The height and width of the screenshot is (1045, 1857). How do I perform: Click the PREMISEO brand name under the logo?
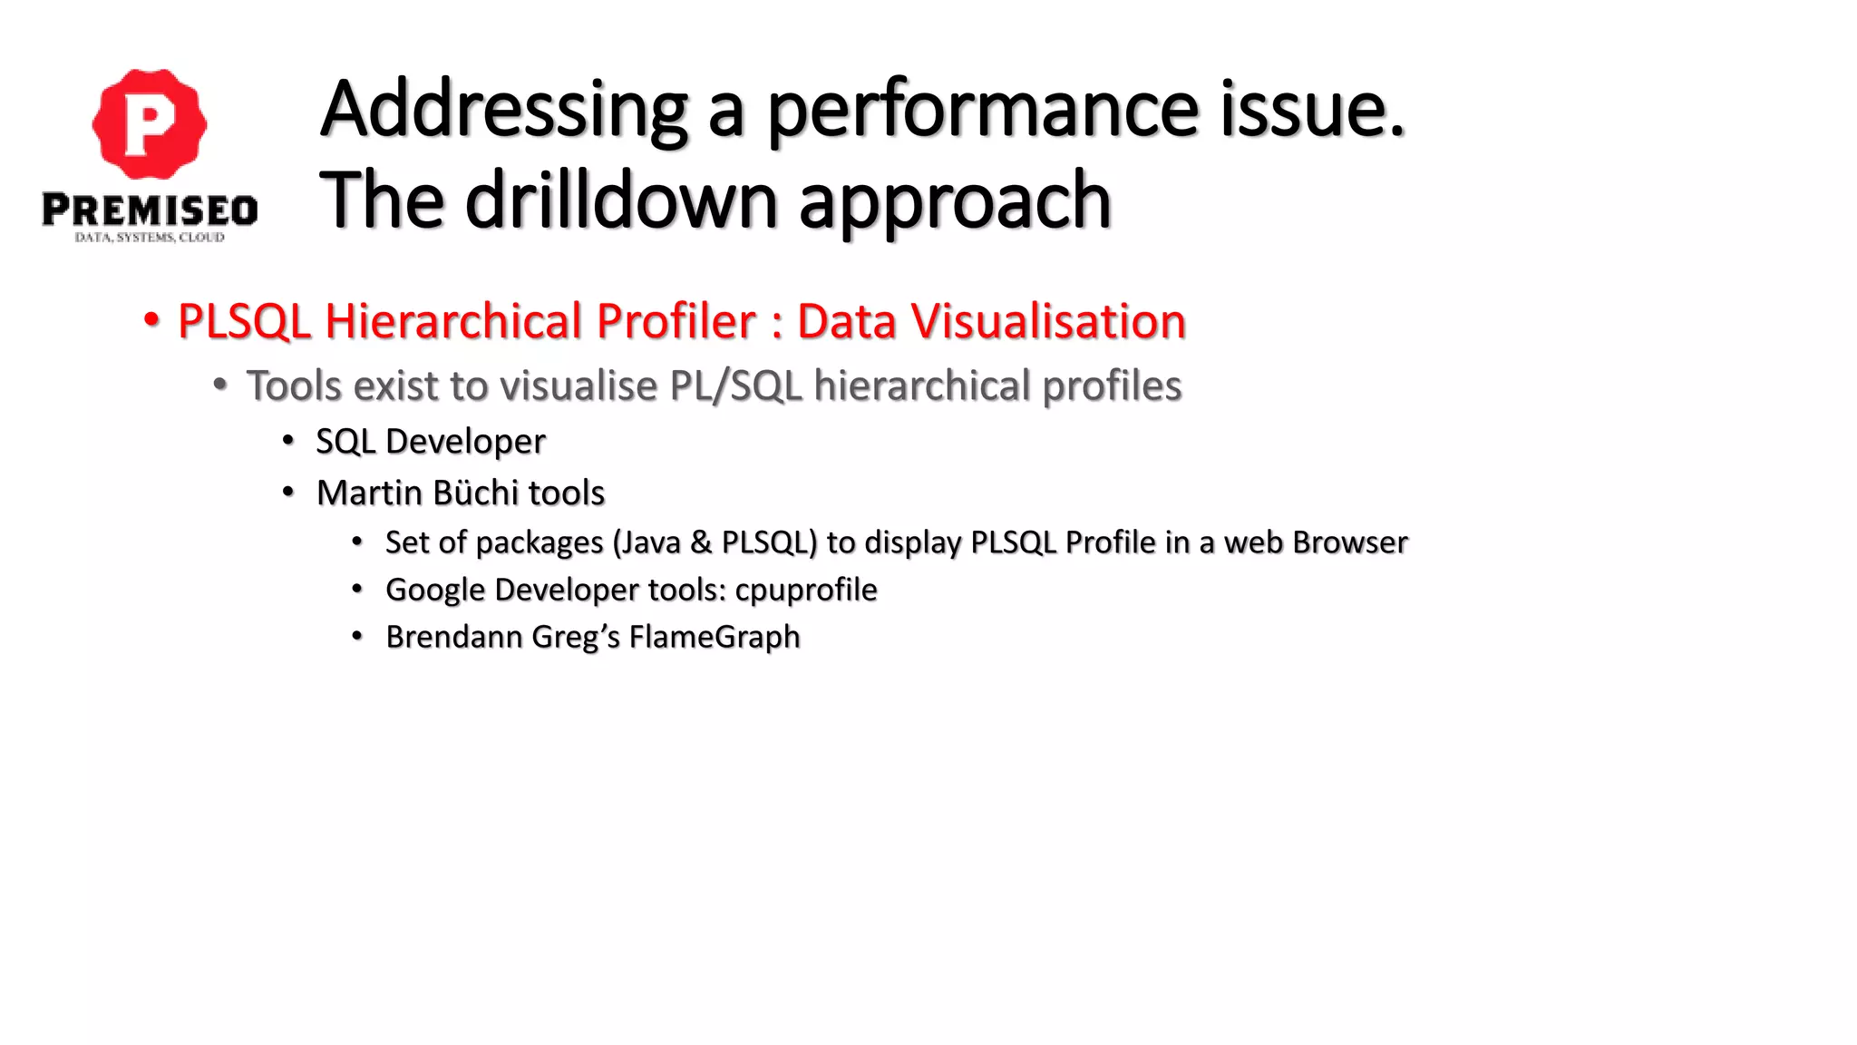click(x=150, y=210)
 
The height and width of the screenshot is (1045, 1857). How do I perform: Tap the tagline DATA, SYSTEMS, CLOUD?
click(x=150, y=238)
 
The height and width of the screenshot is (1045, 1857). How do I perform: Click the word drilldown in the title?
click(x=621, y=200)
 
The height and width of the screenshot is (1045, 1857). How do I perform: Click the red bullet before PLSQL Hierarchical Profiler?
click(x=151, y=320)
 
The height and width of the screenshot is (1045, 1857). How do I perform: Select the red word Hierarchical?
click(x=540, y=321)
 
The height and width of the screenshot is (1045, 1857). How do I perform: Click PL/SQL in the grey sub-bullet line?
click(x=735, y=386)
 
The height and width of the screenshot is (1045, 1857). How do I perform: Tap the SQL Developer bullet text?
click(x=430, y=442)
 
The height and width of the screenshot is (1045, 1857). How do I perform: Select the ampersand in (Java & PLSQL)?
click(x=701, y=542)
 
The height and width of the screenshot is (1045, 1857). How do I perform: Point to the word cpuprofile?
click(x=805, y=591)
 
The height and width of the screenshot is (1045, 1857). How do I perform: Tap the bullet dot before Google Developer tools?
click(x=357, y=590)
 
